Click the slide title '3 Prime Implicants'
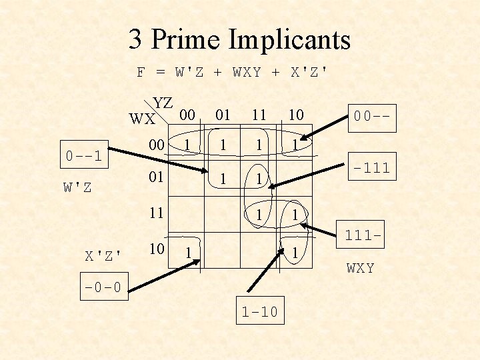tap(239, 39)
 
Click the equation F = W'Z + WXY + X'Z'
tap(232, 72)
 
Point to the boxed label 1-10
tap(259, 311)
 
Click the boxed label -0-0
tap(103, 289)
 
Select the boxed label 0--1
tap(83, 157)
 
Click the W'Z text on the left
tap(77, 187)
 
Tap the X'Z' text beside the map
tap(103, 255)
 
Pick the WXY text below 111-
tap(360, 268)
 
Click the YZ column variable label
tap(163, 103)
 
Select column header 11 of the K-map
tap(258, 115)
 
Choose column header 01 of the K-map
tap(222, 115)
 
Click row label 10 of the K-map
tap(156, 249)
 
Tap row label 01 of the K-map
tap(156, 178)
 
